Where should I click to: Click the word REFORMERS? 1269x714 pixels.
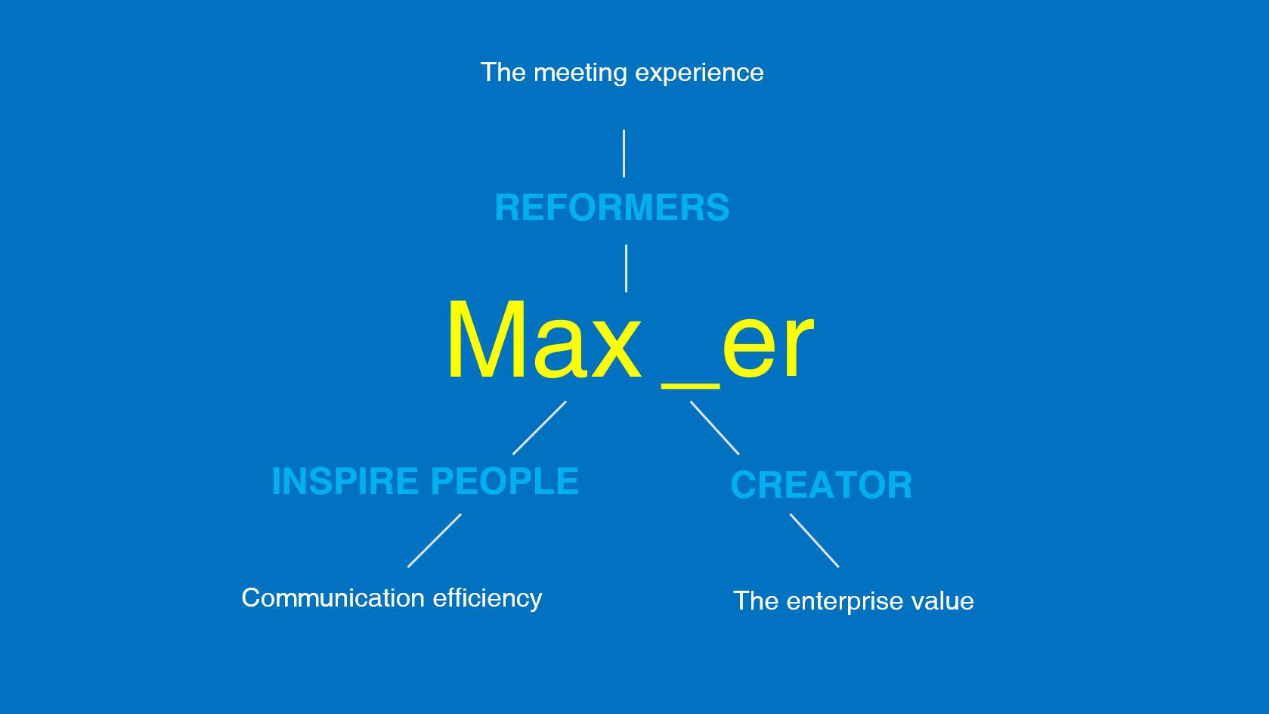611,207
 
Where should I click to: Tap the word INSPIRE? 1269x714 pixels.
344,481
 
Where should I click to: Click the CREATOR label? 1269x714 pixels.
821,485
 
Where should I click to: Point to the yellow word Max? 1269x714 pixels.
543,341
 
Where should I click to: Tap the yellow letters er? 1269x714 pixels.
768,345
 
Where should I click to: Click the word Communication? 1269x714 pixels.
332,598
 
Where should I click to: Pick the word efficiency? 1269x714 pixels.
487,599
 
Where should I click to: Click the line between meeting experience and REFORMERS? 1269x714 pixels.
624,154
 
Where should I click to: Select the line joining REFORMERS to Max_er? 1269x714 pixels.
626,268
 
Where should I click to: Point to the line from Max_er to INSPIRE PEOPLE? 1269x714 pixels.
540,427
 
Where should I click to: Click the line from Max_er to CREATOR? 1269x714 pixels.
714,427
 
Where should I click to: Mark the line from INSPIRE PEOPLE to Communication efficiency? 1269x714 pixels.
435,540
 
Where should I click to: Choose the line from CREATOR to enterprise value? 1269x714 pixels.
814,540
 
